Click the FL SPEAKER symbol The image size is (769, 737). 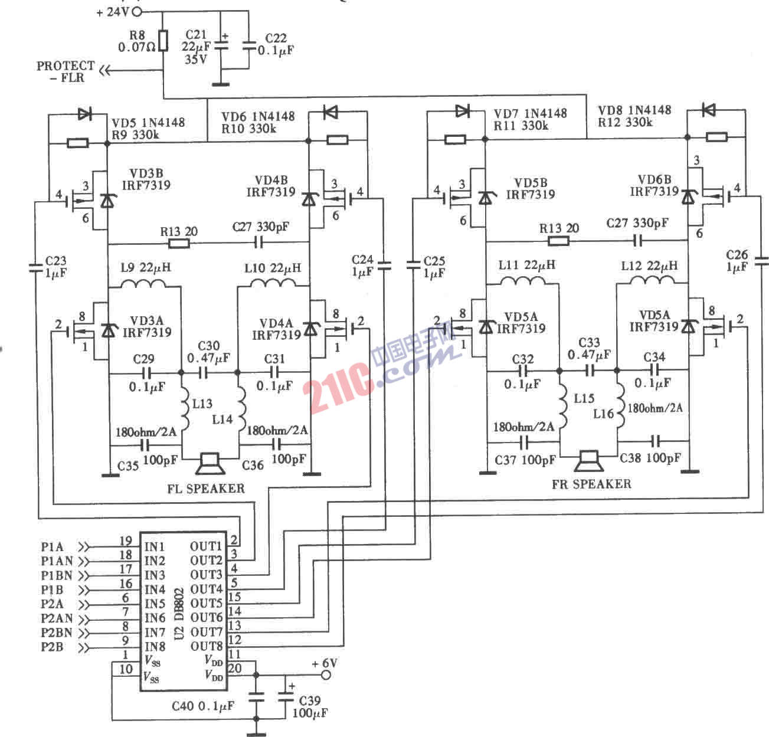click(210, 464)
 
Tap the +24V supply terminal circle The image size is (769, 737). click(138, 11)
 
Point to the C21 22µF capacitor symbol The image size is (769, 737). click(221, 45)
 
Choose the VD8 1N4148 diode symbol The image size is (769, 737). click(708, 110)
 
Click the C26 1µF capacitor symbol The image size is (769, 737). click(761, 260)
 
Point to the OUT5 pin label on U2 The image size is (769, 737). click(206, 603)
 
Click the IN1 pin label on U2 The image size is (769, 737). click(155, 546)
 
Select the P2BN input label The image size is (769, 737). click(57, 633)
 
